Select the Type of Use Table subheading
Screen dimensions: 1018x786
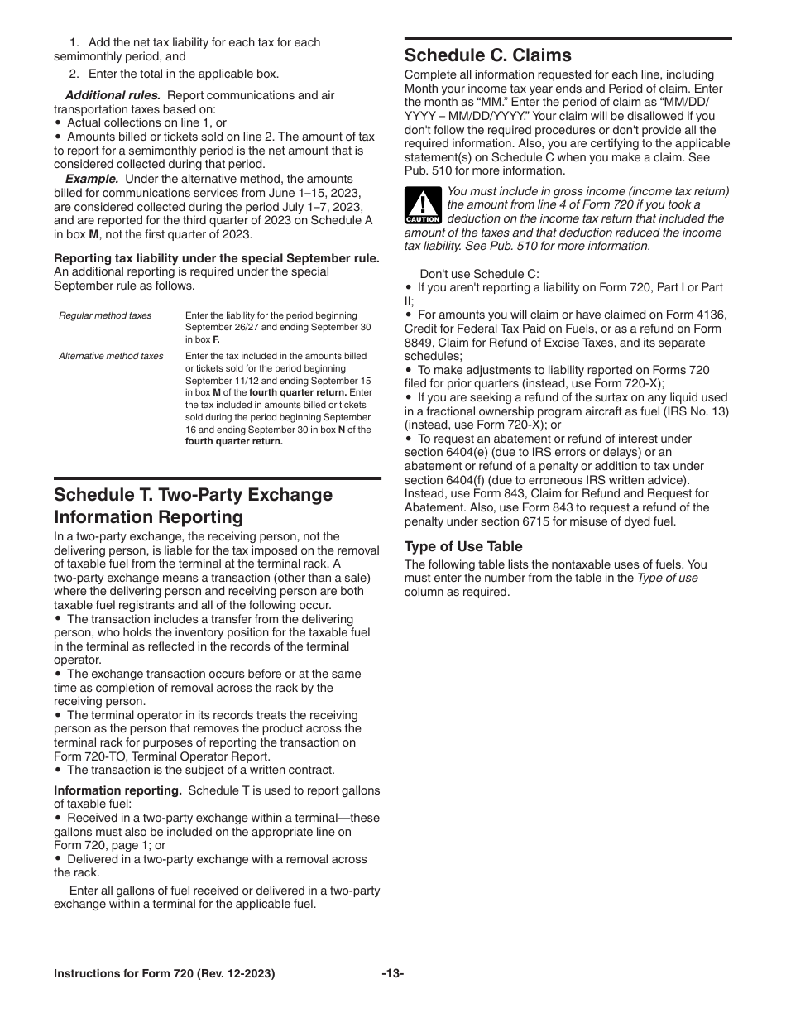[462, 546]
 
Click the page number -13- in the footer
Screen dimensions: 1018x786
[392, 974]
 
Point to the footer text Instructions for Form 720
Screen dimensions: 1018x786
[164, 974]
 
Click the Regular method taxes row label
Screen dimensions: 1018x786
[105, 315]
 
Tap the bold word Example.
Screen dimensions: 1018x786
[92, 179]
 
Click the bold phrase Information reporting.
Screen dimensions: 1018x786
[117, 790]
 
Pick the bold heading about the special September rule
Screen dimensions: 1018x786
[217, 258]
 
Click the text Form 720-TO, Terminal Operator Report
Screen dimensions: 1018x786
[161, 756]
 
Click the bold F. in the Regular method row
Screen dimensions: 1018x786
[216, 339]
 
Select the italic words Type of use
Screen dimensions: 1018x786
[667, 579]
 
